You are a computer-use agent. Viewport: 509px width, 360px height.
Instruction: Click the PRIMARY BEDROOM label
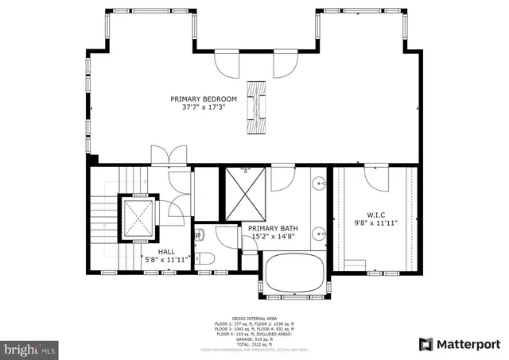[204, 99]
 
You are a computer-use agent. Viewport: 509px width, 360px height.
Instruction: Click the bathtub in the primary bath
[294, 273]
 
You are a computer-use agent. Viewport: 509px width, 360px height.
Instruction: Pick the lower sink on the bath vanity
[320, 234]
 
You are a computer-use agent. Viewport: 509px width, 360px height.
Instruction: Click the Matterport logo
[459, 344]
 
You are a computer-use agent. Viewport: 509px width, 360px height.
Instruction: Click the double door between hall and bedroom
[169, 156]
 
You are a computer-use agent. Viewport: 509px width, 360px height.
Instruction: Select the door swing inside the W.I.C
[376, 176]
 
